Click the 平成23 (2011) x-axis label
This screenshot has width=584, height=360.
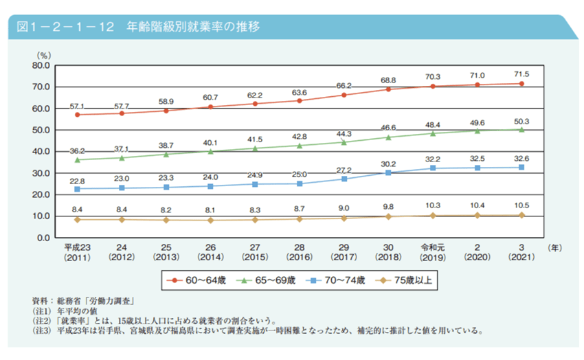pyautogui.click(x=78, y=251)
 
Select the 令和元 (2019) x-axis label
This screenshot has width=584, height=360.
pyautogui.click(x=432, y=251)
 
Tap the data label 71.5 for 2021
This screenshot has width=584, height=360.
pyautogui.click(x=521, y=74)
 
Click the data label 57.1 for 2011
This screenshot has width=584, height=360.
pyautogui.click(x=78, y=106)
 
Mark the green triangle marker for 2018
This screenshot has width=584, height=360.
pyautogui.click(x=389, y=137)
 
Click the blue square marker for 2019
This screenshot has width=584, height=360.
pyautogui.click(x=433, y=168)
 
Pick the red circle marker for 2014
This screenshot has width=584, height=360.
pyautogui.click(x=211, y=107)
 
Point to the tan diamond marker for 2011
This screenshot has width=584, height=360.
pyautogui.click(x=78, y=220)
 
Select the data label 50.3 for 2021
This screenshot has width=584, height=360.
pyautogui.click(x=521, y=120)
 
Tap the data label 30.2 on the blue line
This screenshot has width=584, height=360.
pyautogui.click(x=389, y=164)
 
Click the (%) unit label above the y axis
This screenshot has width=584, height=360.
pyautogui.click(x=44, y=54)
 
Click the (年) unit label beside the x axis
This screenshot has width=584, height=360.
pyautogui.click(x=554, y=246)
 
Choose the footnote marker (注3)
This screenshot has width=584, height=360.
pyautogui.click(x=43, y=330)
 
